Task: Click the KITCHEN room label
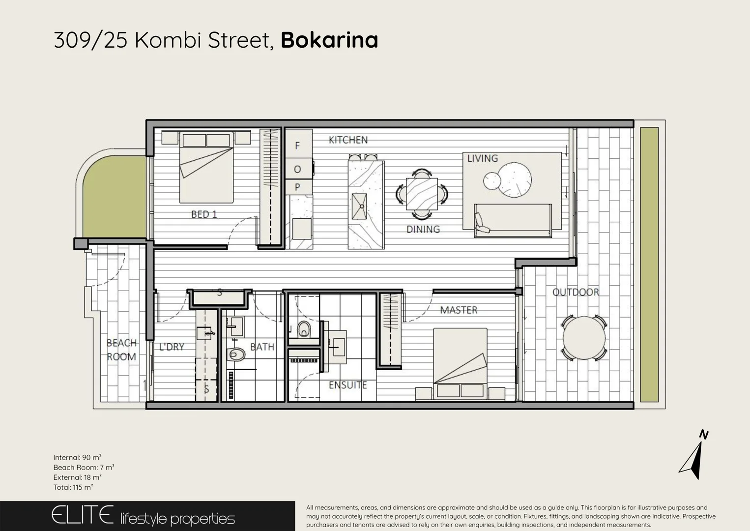tap(348, 140)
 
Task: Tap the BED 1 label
tap(204, 214)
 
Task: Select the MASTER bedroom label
tap(459, 310)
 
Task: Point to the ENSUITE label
tap(347, 385)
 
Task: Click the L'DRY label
tap(172, 347)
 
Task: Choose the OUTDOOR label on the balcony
tap(576, 292)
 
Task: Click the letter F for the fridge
tap(297, 146)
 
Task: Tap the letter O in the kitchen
tap(297, 170)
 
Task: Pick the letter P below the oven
tap(297, 187)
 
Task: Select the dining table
tap(422, 194)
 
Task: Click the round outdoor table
tap(584, 338)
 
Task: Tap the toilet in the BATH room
tap(237, 354)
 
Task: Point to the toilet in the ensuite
tap(304, 329)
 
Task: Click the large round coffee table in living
tap(514, 180)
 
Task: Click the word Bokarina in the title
tap(329, 40)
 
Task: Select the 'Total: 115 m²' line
tap(73, 487)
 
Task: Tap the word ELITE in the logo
tap(83, 515)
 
